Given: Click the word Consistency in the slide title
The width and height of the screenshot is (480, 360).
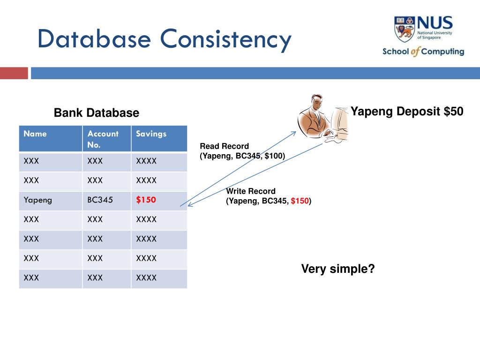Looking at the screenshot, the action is coord(226,39).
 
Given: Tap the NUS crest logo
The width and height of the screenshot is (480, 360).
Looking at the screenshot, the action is coord(405,29).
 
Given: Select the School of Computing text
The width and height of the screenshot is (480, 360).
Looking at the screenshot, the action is coord(423,52).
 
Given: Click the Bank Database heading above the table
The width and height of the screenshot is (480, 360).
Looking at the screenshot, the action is coord(96,113).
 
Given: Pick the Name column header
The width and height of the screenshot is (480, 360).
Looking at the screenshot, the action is coord(35,134).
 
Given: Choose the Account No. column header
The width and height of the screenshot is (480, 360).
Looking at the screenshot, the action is coord(103,139).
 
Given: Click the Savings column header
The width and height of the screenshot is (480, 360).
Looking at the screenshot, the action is coord(151,134).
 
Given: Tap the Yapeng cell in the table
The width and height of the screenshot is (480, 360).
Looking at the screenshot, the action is coord(38,200).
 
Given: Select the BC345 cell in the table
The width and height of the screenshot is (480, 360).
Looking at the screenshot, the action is coord(100,200).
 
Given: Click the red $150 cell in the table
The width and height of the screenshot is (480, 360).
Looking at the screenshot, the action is coord(146,200).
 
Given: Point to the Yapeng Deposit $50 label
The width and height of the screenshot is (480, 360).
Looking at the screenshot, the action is coord(407,112).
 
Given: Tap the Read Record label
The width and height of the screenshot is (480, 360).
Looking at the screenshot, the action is coord(224,146).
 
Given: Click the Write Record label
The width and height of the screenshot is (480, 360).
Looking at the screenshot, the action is coord(251,191).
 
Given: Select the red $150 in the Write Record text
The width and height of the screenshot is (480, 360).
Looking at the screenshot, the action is coord(300,201).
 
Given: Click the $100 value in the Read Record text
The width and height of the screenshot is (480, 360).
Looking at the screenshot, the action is coord(273,156).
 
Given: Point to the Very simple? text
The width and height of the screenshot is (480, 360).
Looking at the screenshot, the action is coord(337,269).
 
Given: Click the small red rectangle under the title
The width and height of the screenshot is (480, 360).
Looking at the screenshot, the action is coord(14,73).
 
